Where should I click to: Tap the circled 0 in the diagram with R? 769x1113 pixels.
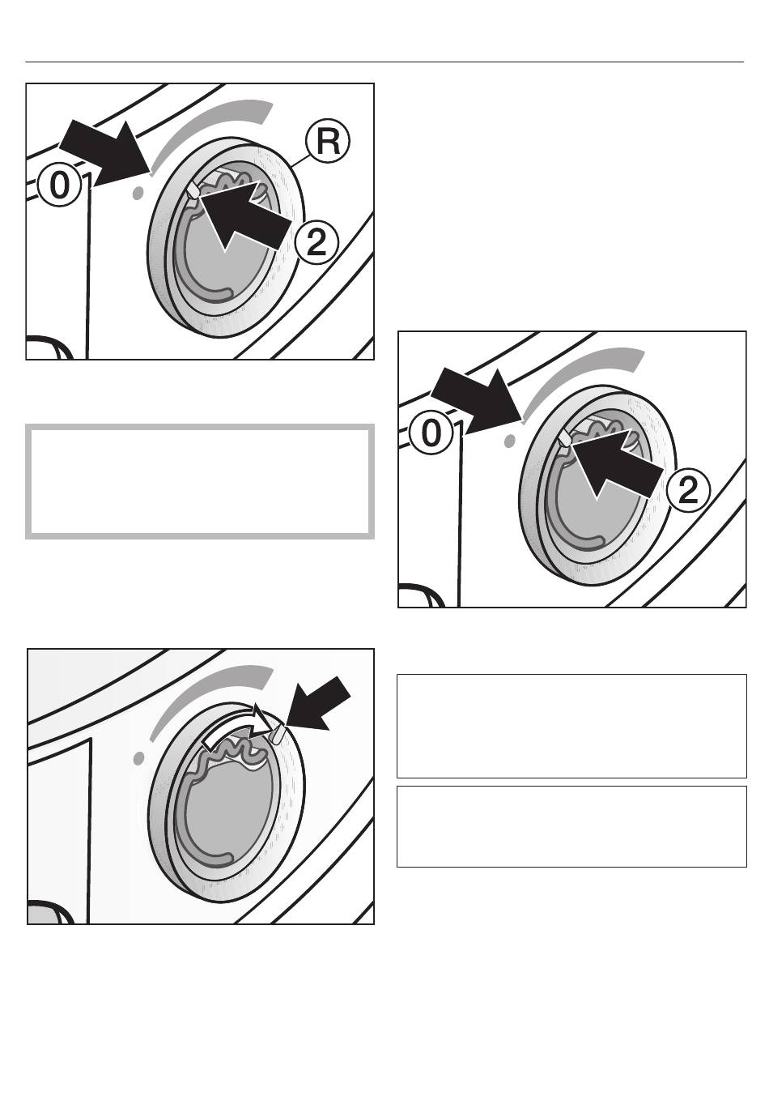tap(60, 185)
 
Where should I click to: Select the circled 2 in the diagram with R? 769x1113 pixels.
tap(317, 243)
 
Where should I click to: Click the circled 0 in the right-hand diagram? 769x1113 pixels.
tap(431, 433)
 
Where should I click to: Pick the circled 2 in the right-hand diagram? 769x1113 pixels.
tap(688, 491)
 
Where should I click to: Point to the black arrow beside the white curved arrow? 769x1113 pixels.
tap(318, 704)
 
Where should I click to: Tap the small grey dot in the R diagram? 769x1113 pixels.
tap(138, 193)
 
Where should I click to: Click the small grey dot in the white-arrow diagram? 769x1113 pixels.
tap(139, 758)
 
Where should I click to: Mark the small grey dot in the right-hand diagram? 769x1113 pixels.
tap(509, 441)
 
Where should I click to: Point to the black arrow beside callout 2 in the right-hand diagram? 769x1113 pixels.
tap(615, 465)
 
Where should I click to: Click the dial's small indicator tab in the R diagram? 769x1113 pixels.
tap(193, 190)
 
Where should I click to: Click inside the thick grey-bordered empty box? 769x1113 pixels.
tap(200, 481)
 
